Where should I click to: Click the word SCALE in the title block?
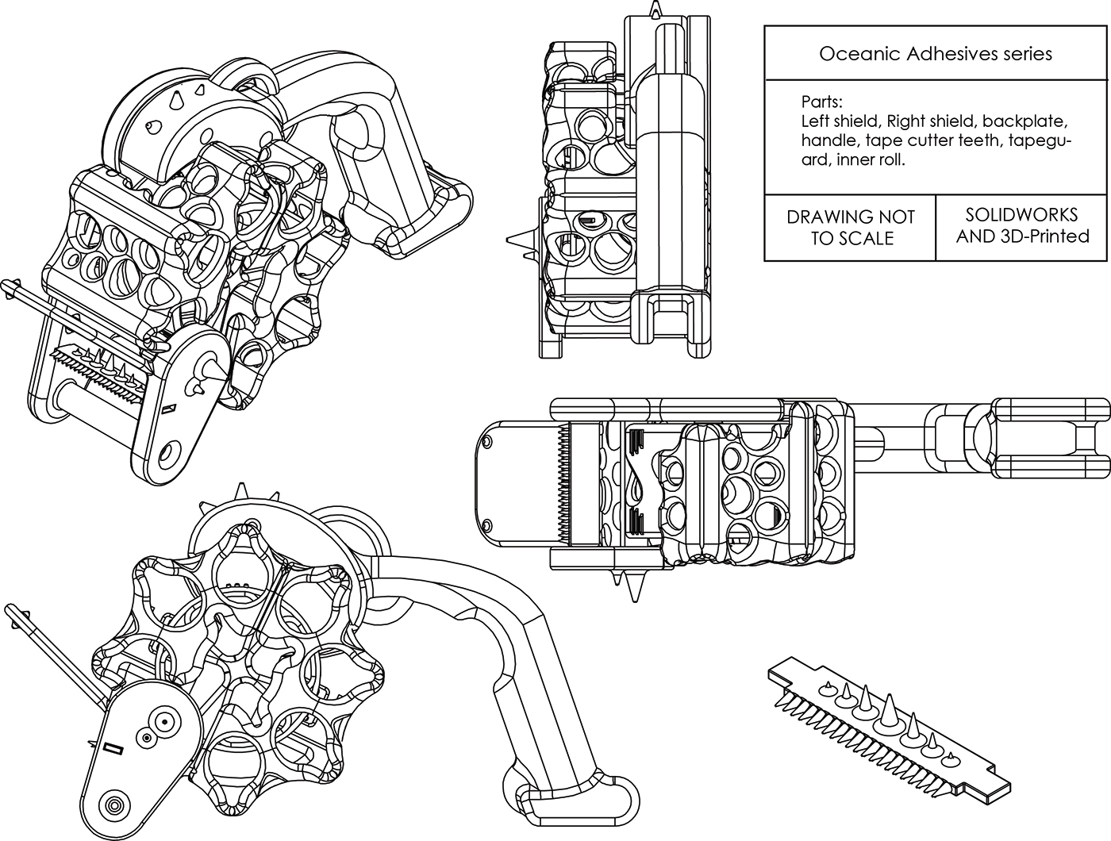[867, 239]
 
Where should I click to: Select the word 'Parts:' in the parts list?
[822, 102]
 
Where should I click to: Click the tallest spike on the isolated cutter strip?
[885, 709]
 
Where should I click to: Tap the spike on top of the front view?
[655, 10]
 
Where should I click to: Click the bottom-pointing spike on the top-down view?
[633, 588]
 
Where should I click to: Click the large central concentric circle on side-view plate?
[165, 723]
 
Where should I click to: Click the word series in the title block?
[1026, 54]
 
